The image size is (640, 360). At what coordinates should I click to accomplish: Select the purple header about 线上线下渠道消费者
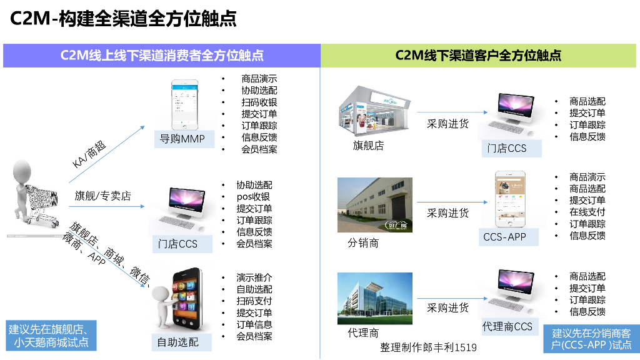tap(161, 56)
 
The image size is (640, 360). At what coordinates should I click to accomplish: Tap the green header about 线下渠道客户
tap(478, 56)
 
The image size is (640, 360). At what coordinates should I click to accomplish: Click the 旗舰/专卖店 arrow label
tap(103, 196)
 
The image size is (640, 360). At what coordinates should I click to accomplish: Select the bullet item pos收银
tap(252, 197)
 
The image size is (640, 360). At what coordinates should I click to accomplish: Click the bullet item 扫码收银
tap(259, 102)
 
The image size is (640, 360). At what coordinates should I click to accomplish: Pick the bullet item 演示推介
tap(254, 277)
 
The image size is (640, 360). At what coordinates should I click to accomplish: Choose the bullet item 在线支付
tap(587, 212)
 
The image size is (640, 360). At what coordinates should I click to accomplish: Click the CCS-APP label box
tap(504, 237)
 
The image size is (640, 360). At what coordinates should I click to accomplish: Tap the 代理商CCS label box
tap(507, 326)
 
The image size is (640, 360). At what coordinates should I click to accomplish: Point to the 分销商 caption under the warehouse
tap(363, 243)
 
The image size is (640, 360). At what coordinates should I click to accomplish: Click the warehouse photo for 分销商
tap(374, 205)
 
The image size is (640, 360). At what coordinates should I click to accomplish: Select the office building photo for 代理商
tap(374, 298)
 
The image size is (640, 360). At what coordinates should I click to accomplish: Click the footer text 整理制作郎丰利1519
tap(428, 347)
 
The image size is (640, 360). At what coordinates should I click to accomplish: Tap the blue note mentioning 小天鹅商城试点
tap(48, 336)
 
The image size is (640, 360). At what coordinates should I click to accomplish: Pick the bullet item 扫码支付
tap(254, 301)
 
